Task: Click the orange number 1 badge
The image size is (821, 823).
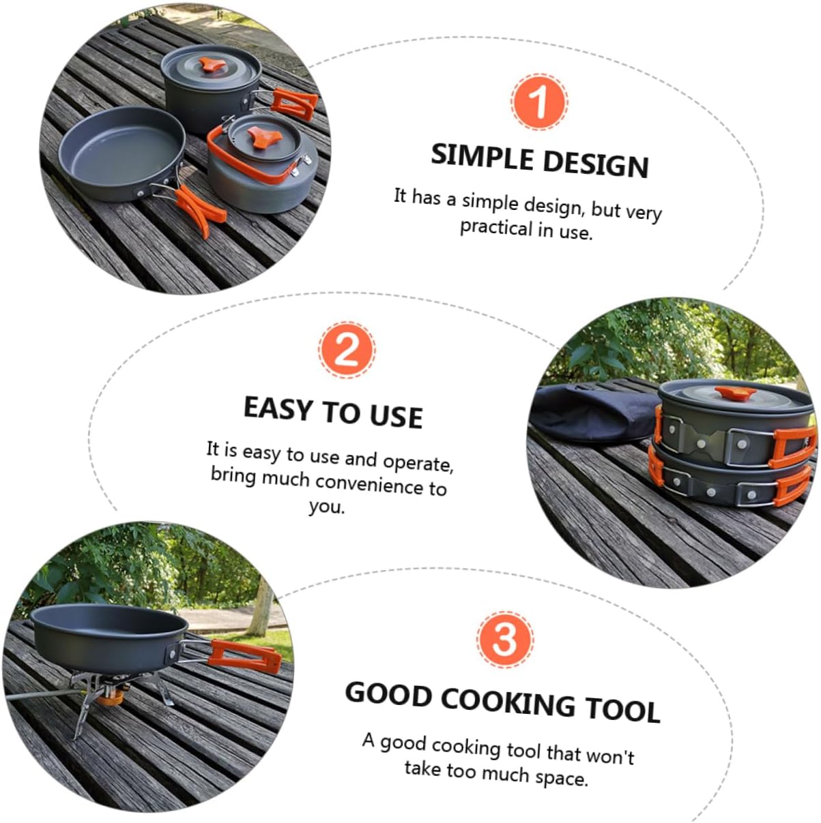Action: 539,102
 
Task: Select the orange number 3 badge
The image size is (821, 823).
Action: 505,639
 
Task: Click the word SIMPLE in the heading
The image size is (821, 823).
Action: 482,156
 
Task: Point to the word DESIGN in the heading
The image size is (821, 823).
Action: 596,164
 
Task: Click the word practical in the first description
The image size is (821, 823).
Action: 496,226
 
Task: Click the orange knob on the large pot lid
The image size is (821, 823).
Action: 212,66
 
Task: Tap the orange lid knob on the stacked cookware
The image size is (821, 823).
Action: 735,394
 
